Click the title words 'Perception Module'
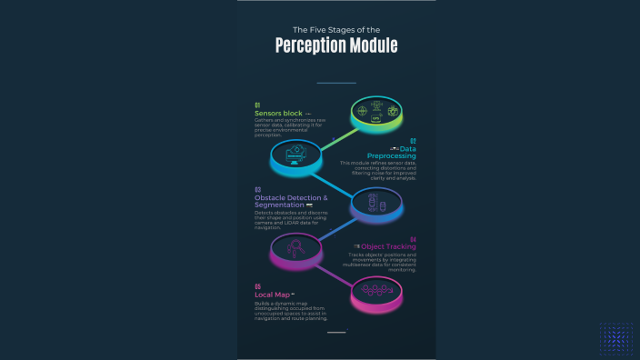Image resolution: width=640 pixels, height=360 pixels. (x=336, y=45)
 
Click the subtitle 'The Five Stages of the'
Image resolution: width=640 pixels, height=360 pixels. (x=336, y=30)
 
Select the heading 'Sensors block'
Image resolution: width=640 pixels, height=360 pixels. (x=278, y=114)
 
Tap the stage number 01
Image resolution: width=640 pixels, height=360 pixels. (x=257, y=105)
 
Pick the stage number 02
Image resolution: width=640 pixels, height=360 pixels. (x=413, y=142)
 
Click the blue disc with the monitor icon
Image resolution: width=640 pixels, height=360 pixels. (x=297, y=156)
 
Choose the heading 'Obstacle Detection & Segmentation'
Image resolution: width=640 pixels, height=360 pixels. (x=291, y=201)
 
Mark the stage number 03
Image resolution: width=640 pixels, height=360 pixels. (x=257, y=190)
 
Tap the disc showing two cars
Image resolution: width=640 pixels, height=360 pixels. (x=376, y=205)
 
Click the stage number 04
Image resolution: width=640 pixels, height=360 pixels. (x=413, y=238)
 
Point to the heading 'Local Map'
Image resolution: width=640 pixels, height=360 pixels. (x=273, y=295)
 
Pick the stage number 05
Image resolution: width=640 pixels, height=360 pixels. (x=257, y=287)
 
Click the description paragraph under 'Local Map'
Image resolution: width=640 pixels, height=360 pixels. (x=291, y=311)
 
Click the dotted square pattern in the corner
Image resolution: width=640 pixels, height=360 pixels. (x=615, y=336)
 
